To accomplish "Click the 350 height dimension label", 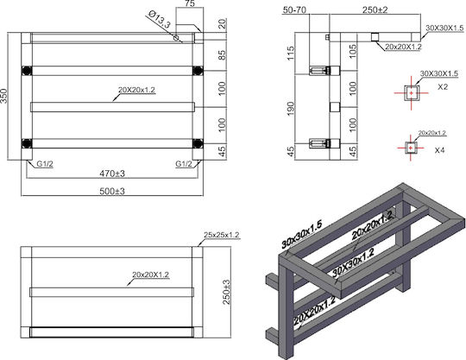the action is coord(3,96).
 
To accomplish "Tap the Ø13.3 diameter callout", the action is coord(160,19).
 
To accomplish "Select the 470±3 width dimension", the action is coord(112,174).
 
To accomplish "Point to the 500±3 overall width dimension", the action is coord(112,191).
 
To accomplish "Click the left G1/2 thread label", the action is coord(45,163).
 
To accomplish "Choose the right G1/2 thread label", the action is coord(184,163).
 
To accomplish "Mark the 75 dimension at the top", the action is coord(190,3).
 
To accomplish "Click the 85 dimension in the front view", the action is coord(222,54).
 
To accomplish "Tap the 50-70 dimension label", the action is coord(294,9).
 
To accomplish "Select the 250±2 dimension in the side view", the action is coord(375,9).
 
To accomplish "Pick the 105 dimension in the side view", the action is coord(353,52).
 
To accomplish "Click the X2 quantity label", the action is coord(443,87).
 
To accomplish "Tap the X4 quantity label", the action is coord(439,150).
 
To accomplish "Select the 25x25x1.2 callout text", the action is coord(222,235).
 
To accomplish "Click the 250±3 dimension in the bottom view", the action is coord(226,292).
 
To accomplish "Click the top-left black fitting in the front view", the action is coord(27,71).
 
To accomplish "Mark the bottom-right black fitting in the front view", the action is coord(198,143).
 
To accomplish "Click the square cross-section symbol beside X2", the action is coord(412,93).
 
